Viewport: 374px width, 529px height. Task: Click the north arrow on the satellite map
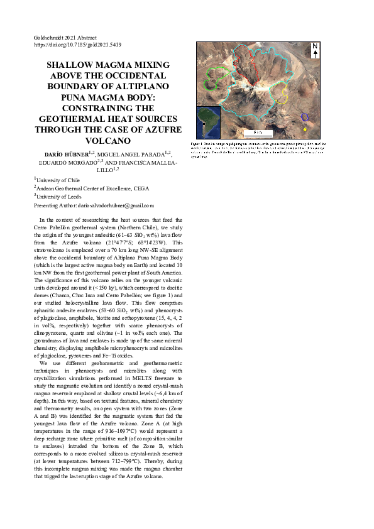point(315,50)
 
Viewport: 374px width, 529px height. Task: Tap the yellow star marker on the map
point(305,129)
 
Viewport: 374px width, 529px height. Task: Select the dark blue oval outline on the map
point(304,117)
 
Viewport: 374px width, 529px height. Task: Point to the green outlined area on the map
point(214,77)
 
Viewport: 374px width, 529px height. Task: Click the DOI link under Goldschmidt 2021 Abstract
point(77,45)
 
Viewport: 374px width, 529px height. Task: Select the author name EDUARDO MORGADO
point(69,162)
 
